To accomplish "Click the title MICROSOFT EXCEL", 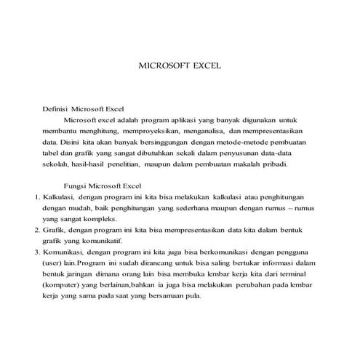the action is tap(179, 65).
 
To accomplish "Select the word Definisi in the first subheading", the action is tap(60, 108).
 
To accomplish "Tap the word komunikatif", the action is tap(102, 241).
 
